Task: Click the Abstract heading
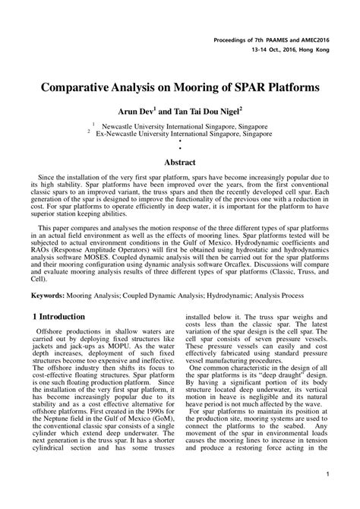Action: click(180, 162)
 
